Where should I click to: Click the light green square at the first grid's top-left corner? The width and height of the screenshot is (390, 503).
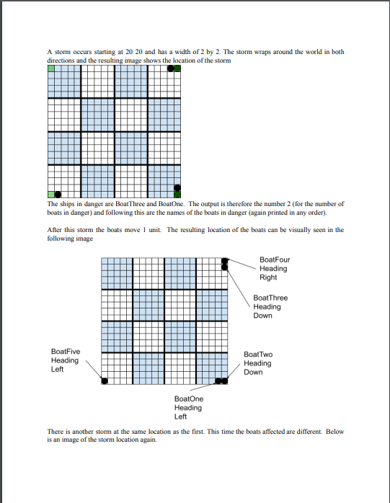pyautogui.click(x=51, y=69)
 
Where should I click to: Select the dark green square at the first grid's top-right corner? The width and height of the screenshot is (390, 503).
pyautogui.click(x=177, y=69)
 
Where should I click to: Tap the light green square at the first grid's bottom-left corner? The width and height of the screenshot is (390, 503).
pyautogui.click(x=51, y=194)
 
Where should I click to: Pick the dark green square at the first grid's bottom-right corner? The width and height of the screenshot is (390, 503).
pyautogui.click(x=177, y=194)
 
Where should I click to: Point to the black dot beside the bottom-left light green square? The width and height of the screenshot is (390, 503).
pyautogui.click(x=58, y=194)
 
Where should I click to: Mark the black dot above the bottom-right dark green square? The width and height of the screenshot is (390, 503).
pyautogui.click(x=177, y=187)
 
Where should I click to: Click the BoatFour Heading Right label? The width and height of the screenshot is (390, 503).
pyautogui.click(x=274, y=268)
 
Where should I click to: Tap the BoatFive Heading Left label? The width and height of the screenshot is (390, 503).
pyautogui.click(x=66, y=360)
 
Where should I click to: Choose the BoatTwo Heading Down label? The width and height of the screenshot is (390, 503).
pyautogui.click(x=258, y=363)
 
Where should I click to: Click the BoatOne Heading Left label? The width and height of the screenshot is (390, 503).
pyautogui.click(x=189, y=407)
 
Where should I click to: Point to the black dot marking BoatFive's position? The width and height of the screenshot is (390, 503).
pyautogui.click(x=105, y=380)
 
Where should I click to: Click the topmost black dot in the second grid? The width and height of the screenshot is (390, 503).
pyautogui.click(x=225, y=261)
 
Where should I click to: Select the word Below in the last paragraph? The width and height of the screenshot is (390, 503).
pyautogui.click(x=335, y=432)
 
